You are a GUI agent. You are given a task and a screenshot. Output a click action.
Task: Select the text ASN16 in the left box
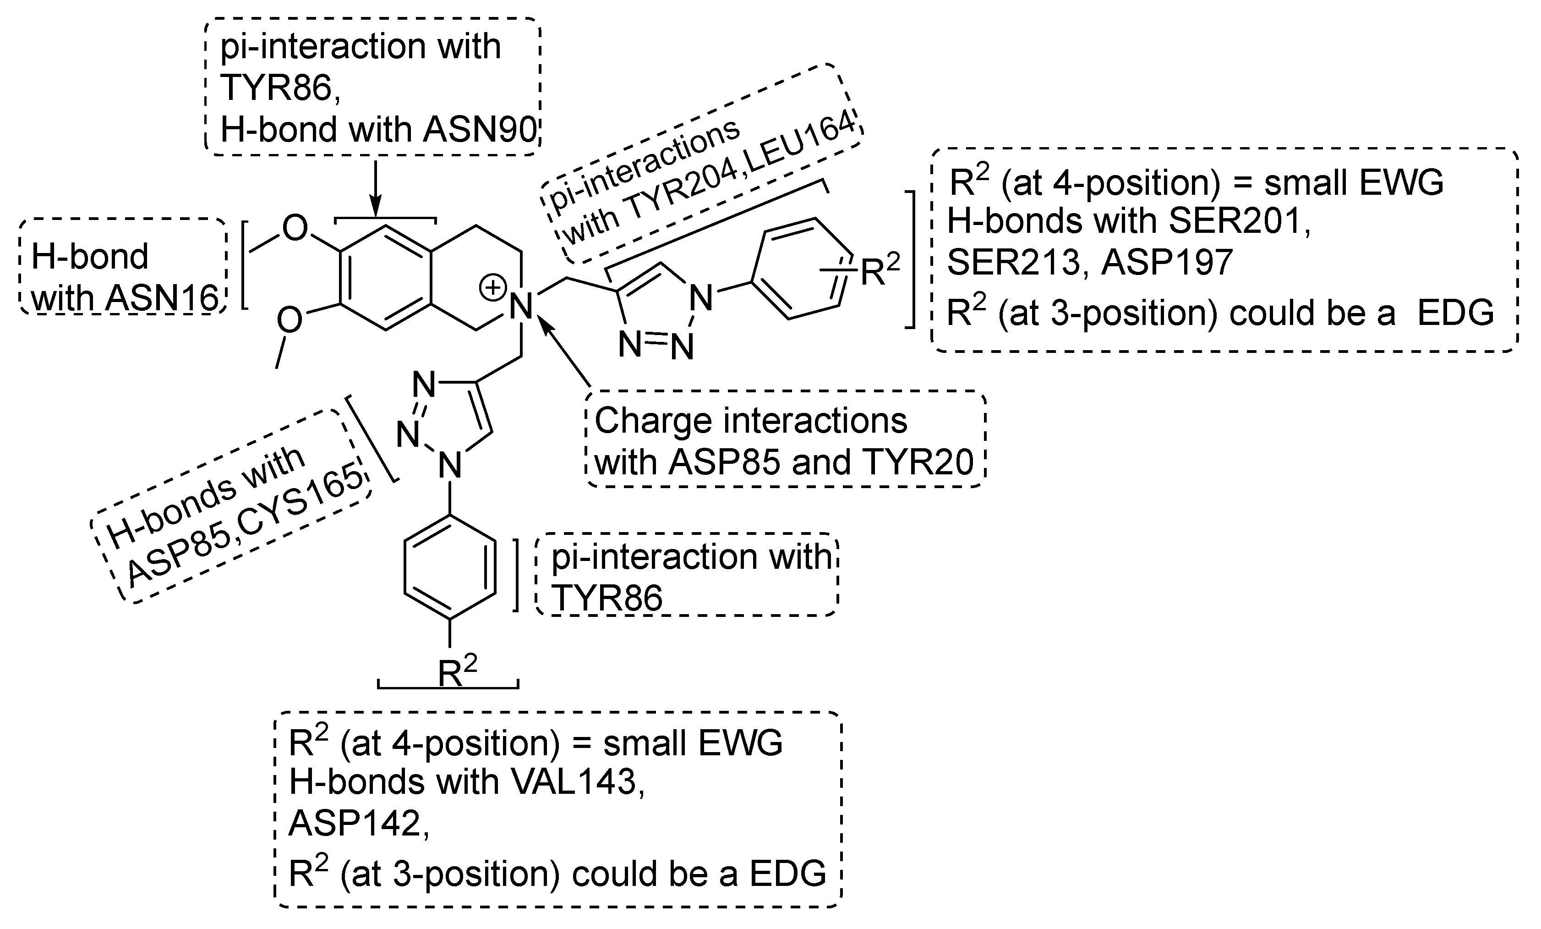click(x=161, y=298)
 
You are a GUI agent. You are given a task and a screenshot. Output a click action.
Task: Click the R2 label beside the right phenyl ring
click(x=880, y=270)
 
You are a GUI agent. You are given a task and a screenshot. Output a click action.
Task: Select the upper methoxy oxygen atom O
click(x=295, y=228)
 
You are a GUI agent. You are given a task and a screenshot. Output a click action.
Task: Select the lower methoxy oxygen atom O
click(x=290, y=320)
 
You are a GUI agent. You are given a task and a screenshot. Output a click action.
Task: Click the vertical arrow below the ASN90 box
click(x=375, y=187)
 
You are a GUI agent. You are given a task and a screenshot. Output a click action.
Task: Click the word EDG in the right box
click(x=1455, y=313)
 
